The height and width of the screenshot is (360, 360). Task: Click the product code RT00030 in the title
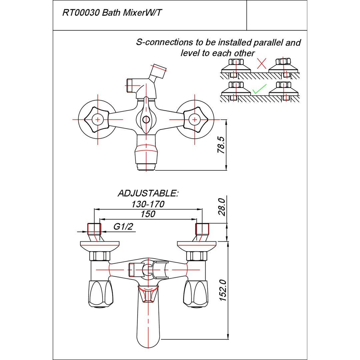pyautogui.click(x=81, y=13)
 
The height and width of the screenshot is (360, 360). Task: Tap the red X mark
pyautogui.click(x=262, y=63)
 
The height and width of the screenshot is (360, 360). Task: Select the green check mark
pyautogui.click(x=259, y=89)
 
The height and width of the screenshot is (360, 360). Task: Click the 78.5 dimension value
pyautogui.click(x=221, y=145)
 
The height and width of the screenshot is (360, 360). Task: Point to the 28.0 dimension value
pyautogui.click(x=222, y=207)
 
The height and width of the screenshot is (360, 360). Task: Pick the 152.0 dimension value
pyautogui.click(x=223, y=290)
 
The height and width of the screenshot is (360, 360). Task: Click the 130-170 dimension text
pyautogui.click(x=148, y=204)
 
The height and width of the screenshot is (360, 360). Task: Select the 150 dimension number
pyautogui.click(x=148, y=214)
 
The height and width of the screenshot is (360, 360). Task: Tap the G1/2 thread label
pyautogui.click(x=123, y=227)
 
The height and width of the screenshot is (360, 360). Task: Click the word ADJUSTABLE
pyautogui.click(x=148, y=193)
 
